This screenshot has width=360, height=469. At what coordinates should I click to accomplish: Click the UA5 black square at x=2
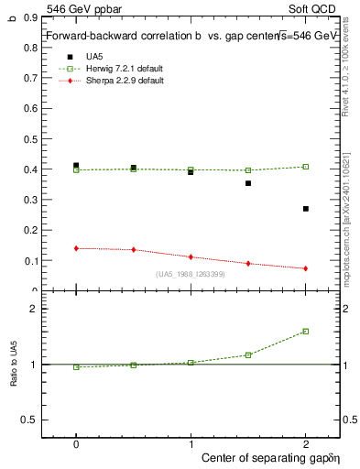click(305, 209)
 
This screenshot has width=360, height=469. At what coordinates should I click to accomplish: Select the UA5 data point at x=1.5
click(248, 183)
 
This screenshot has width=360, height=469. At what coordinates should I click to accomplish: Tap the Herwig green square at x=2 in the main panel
click(305, 167)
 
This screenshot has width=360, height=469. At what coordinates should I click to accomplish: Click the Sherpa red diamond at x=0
click(76, 248)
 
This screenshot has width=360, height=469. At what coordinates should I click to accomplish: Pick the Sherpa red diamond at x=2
click(305, 268)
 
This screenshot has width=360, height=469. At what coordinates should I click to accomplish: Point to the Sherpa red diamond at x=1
click(191, 257)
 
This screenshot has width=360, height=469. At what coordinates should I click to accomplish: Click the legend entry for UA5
click(95, 56)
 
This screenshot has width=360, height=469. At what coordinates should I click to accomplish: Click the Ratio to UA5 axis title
click(13, 376)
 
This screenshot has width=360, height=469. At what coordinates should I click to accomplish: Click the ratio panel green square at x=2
click(305, 332)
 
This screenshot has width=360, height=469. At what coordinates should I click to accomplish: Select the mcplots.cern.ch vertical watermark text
click(351, 229)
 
